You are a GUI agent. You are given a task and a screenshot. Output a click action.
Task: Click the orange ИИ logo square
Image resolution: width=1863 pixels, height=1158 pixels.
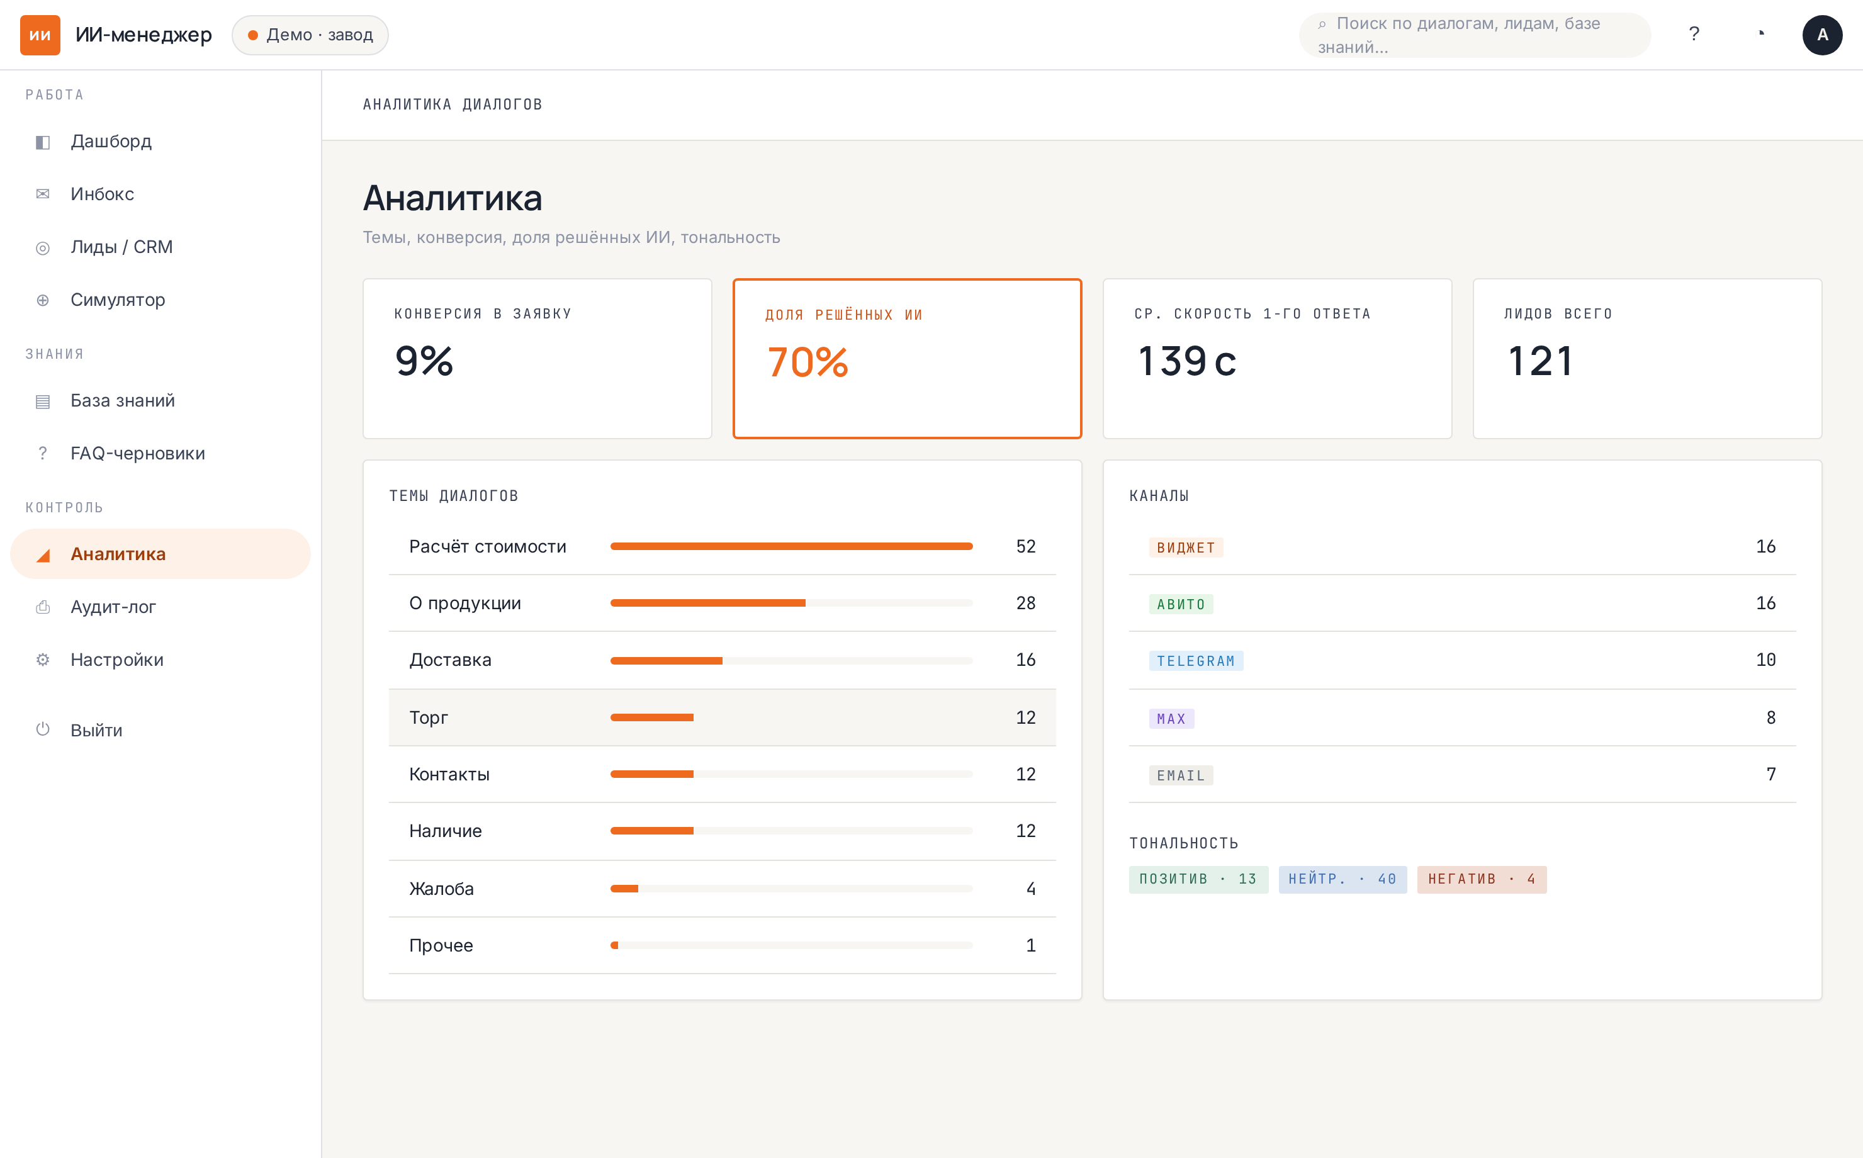40,35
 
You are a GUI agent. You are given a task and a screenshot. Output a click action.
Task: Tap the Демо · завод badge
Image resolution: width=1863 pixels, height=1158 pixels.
310,35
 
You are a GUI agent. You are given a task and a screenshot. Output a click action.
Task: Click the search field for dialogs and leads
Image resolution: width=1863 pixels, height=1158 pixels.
1475,35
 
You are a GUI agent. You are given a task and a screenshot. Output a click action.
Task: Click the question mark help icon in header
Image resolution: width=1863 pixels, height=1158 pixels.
1694,35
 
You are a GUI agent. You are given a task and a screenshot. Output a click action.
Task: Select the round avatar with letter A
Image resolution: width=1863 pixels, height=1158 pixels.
1823,35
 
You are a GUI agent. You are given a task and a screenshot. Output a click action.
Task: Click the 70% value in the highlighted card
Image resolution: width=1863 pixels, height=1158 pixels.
808,363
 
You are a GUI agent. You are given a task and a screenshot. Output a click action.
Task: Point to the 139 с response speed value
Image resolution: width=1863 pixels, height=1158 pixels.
1187,361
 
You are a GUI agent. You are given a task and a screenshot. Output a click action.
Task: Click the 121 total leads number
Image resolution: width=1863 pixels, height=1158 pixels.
1541,361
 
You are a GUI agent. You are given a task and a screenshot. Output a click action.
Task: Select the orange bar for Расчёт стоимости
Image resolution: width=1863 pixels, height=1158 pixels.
791,547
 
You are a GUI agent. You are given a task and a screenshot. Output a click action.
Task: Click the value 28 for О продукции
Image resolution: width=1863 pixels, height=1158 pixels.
1025,604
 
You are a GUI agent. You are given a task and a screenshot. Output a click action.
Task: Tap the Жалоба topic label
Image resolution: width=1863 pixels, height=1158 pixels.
441,889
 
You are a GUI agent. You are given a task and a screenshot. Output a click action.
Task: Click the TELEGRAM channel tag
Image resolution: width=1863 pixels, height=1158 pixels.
1195,661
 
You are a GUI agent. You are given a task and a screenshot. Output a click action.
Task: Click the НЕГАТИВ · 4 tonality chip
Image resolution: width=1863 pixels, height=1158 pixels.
1481,880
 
